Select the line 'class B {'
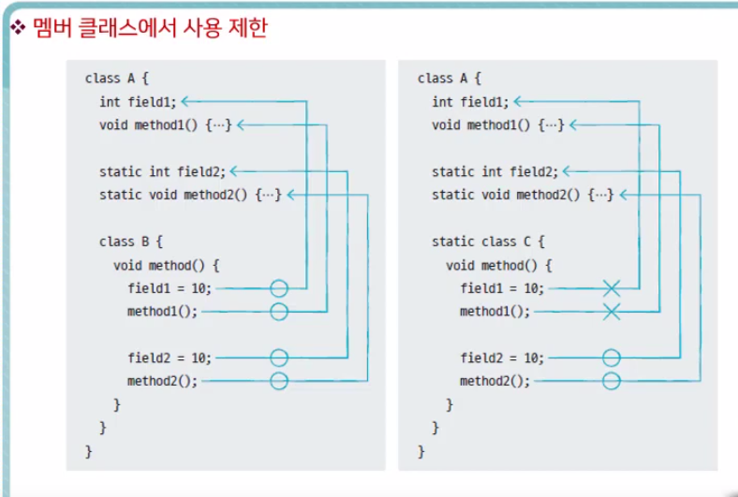coord(130,241)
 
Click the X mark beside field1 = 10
coord(612,288)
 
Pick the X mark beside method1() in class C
coord(612,312)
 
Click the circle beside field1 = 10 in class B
coord(279,288)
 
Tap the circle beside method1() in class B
coord(279,312)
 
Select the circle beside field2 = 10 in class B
coord(279,358)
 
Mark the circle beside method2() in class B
coord(279,381)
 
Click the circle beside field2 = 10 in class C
coord(612,358)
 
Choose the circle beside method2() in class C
coord(612,381)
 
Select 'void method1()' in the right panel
coord(497,124)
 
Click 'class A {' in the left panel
coord(116,79)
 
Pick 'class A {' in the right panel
coord(449,79)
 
